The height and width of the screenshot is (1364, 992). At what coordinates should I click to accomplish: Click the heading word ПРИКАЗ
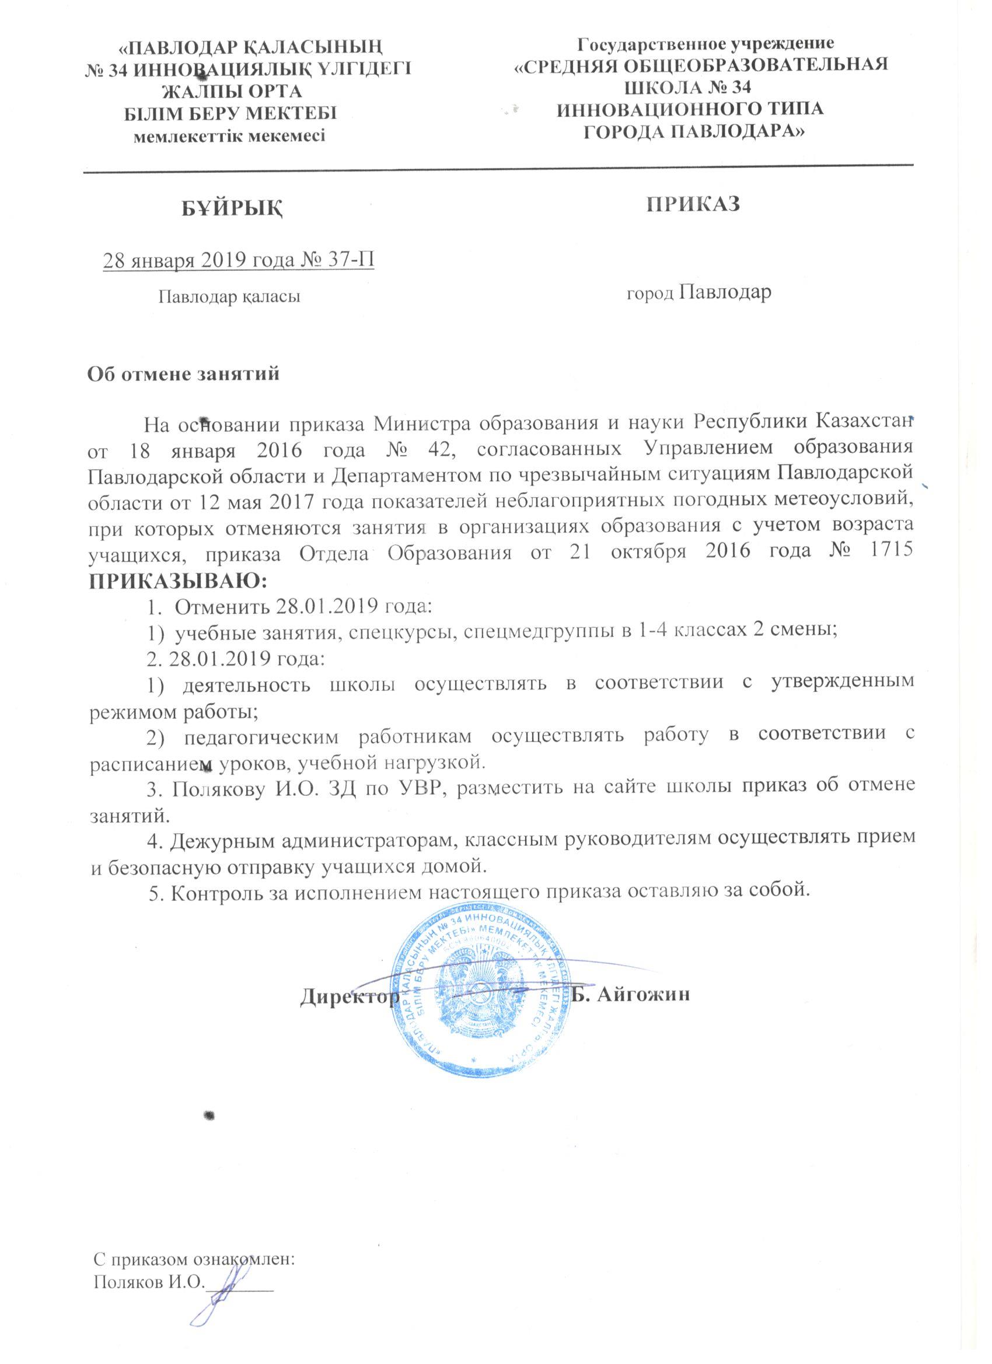(693, 204)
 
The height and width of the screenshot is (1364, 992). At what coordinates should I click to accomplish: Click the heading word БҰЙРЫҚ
(233, 208)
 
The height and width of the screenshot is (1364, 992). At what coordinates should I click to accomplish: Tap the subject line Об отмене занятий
(184, 373)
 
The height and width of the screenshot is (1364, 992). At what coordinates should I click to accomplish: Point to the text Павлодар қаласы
(229, 296)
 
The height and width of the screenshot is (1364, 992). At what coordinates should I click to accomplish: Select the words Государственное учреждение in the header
(705, 43)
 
